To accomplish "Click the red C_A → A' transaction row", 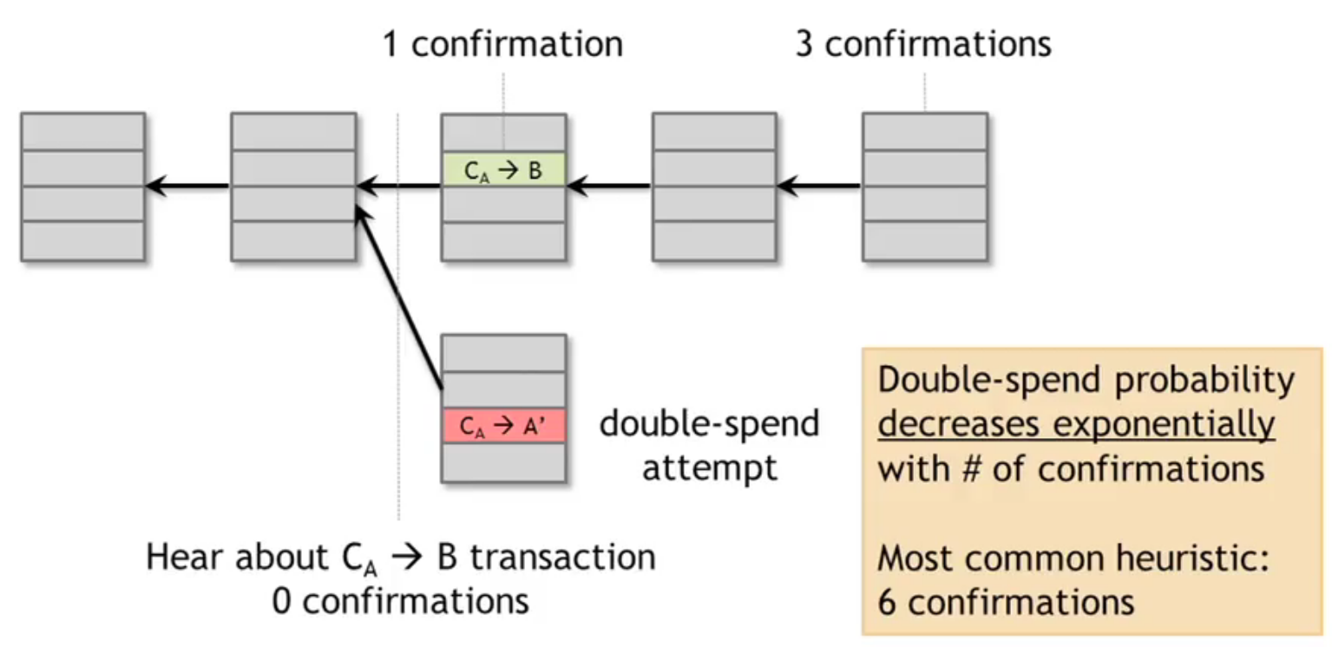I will click(503, 427).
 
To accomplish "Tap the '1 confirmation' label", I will click(503, 44).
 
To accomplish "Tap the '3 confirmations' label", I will click(923, 44).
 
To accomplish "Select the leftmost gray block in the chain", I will click(82, 186).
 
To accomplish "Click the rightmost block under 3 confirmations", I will click(924, 186).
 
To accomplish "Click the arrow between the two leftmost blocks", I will click(187, 185).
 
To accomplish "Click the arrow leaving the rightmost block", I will click(820, 185).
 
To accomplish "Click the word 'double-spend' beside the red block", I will click(709, 425).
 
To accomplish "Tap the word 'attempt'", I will click(709, 467).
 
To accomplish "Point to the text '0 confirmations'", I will click(400, 600).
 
